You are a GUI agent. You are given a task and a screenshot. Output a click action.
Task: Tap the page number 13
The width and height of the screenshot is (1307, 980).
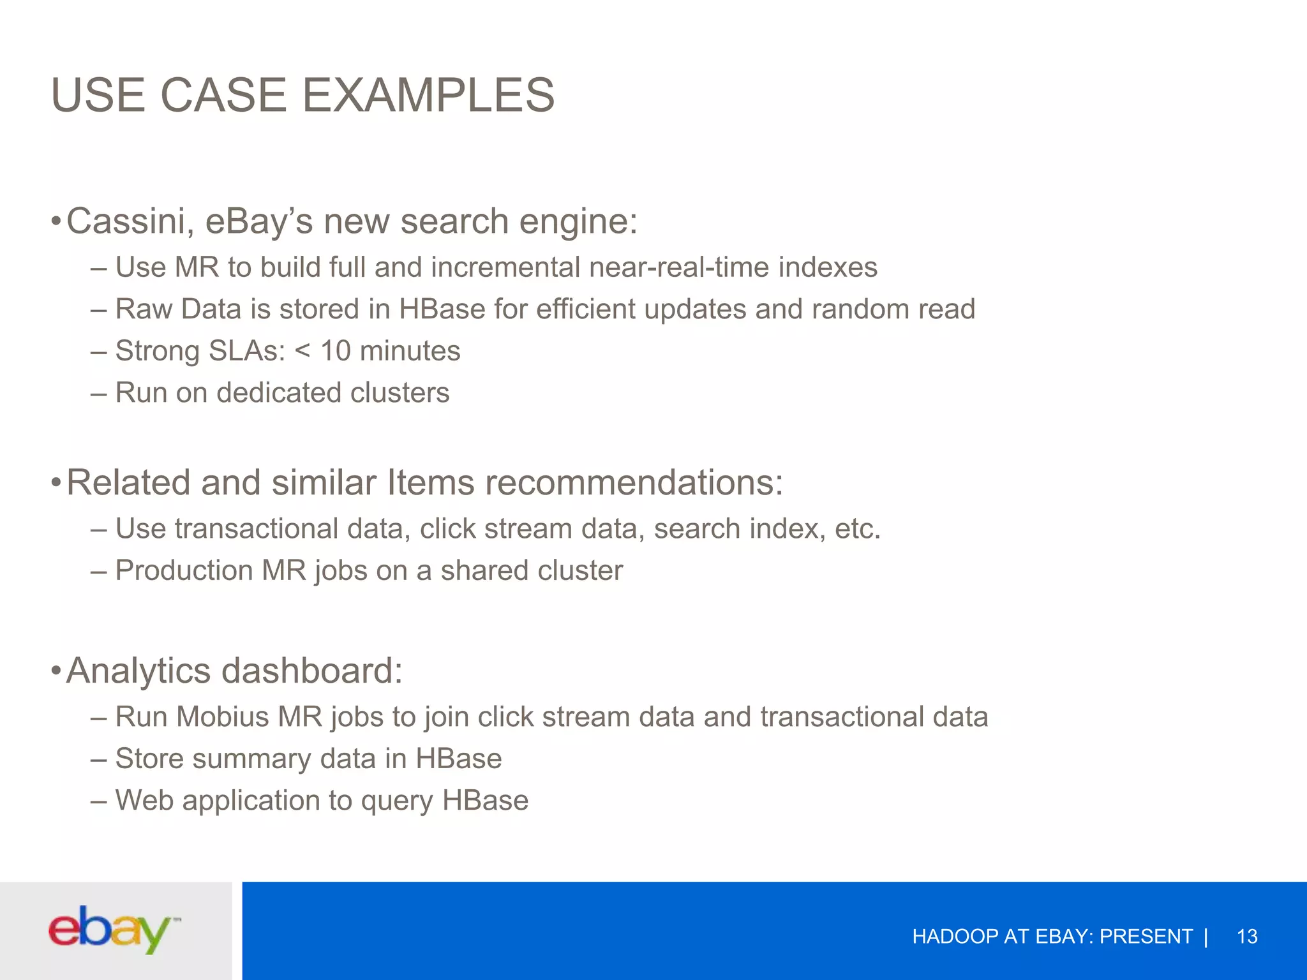tap(1246, 937)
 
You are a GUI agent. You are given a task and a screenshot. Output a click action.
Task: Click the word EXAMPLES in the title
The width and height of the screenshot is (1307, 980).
tap(428, 95)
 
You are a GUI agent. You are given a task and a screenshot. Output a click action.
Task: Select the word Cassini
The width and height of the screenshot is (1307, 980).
tap(130, 221)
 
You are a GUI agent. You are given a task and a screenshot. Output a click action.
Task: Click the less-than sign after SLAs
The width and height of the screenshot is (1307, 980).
tap(302, 351)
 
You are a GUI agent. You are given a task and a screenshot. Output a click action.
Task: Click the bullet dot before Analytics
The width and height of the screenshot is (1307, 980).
tap(56, 671)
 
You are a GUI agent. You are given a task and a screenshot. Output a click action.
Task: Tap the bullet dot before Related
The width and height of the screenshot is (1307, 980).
tap(56, 482)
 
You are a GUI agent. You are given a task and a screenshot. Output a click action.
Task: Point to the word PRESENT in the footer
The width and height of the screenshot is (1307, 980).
tap(1146, 937)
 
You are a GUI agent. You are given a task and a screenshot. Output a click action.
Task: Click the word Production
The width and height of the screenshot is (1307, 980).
tap(184, 570)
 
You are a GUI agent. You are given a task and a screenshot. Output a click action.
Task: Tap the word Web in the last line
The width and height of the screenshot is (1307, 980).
tap(144, 801)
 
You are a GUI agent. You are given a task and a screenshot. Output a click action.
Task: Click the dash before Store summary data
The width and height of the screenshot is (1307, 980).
tap(98, 759)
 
